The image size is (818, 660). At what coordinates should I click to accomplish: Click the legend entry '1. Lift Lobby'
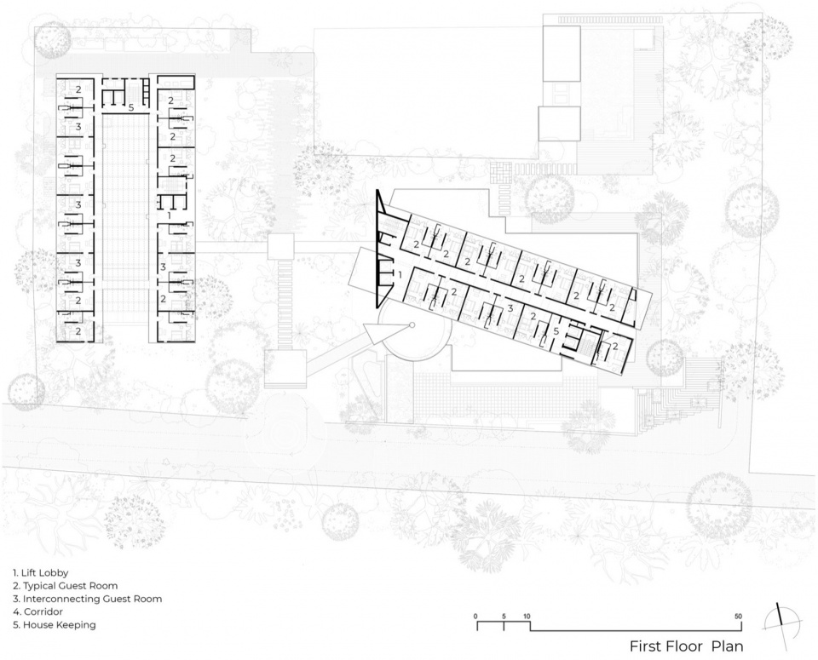41,573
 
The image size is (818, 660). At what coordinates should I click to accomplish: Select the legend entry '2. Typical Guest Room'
66,586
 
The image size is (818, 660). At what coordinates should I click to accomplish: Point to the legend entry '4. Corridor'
38,611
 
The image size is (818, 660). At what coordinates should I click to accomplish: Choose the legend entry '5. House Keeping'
55,624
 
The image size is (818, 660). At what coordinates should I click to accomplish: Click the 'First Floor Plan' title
687,646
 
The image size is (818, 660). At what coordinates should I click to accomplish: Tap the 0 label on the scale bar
475,617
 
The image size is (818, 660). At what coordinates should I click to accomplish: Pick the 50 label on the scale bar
738,617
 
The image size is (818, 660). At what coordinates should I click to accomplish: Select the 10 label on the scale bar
527,617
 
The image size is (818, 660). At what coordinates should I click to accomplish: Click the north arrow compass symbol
781,622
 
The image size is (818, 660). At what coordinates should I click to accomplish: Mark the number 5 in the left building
131,108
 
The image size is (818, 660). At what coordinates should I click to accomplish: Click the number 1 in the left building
169,215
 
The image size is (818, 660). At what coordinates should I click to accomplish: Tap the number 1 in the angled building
400,273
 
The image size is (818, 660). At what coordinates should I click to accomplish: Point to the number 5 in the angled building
556,331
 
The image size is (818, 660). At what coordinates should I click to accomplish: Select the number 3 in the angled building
510,308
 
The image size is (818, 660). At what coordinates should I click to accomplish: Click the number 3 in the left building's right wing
163,267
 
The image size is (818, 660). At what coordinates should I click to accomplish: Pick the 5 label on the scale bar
504,617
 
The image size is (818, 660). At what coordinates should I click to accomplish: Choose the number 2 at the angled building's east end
615,345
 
